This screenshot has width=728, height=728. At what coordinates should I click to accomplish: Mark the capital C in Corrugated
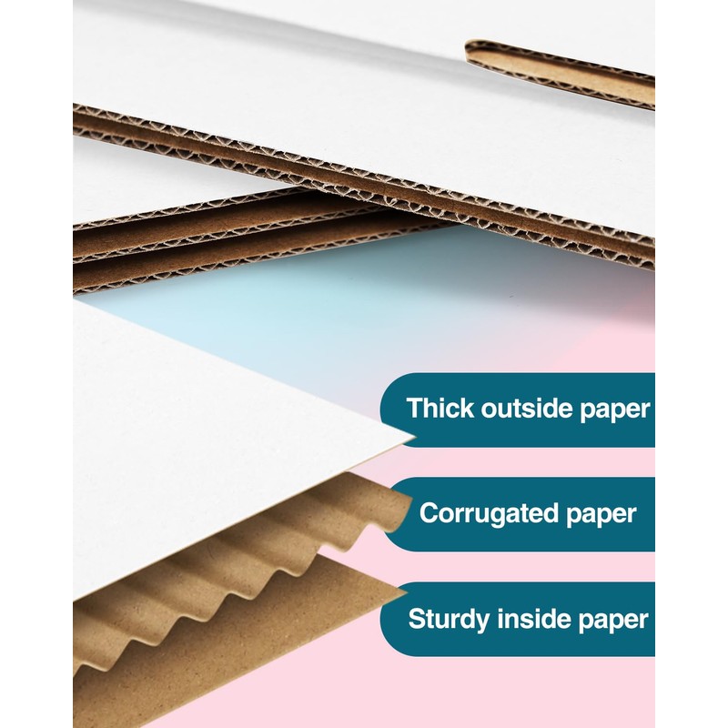point(429,513)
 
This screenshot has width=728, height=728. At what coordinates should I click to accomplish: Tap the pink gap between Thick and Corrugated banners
point(546,462)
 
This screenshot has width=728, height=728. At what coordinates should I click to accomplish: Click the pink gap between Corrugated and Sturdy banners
point(546,567)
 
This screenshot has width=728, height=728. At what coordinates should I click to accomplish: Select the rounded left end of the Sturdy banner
point(389,619)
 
